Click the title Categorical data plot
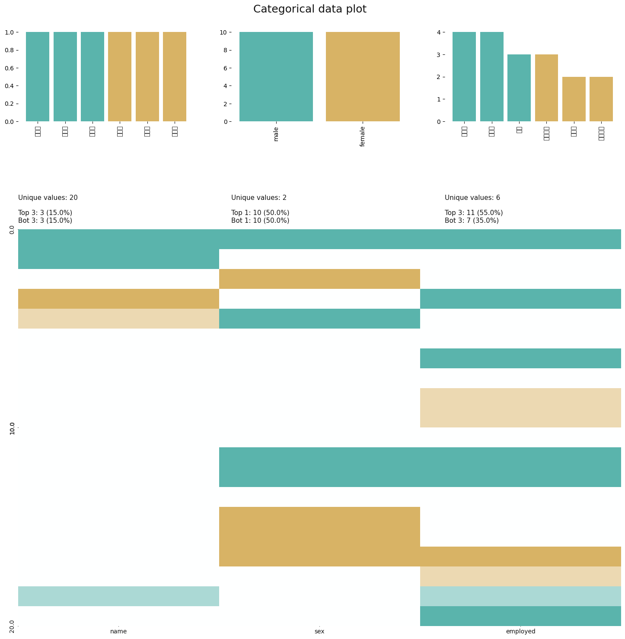[309, 9]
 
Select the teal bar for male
[276, 77]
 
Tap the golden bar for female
[363, 77]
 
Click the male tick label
[276, 134]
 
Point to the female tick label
[363, 136]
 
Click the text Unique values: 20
[48, 198]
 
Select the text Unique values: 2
[259, 198]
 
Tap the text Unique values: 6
[472, 198]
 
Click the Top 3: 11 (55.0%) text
[474, 213]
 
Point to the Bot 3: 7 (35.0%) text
[472, 221]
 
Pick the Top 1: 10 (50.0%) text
[260, 213]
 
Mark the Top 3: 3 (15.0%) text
[45, 213]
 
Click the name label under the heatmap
[118, 631]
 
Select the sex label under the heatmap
[319, 631]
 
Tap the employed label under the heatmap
[520, 631]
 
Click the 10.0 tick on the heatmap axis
[12, 428]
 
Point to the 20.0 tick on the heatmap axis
[12, 626]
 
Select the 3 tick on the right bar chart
[439, 55]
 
